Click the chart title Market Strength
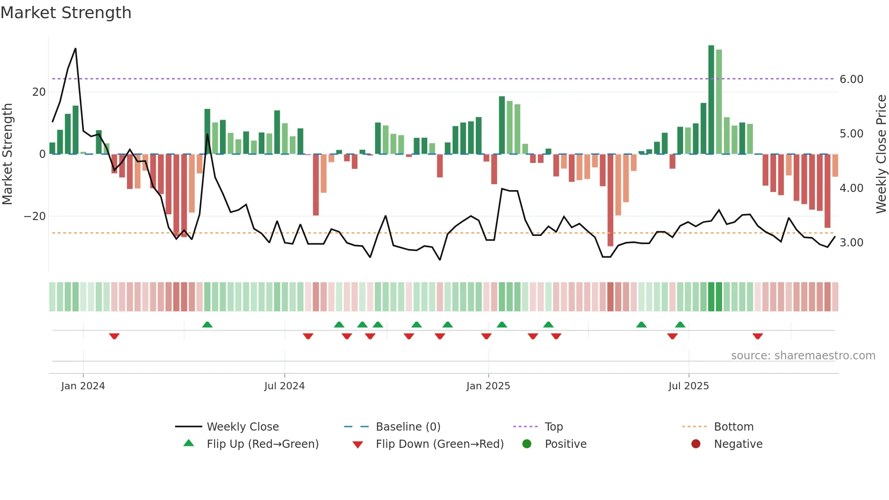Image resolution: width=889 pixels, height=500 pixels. point(66,13)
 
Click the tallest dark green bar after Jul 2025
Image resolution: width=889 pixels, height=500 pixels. point(711,100)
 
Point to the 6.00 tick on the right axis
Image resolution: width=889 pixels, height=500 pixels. point(851,79)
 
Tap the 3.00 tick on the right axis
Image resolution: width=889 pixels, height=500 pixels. point(851,243)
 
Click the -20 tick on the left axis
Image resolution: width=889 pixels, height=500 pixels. point(35,216)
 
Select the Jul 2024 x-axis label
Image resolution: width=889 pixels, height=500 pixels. point(284,386)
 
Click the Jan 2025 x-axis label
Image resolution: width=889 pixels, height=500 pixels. point(488,386)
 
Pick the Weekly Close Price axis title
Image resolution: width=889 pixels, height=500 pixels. point(881,154)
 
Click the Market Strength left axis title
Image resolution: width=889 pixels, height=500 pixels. point(7,154)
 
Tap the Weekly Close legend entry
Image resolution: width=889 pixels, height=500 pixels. point(242,427)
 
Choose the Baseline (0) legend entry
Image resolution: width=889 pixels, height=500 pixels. point(408,427)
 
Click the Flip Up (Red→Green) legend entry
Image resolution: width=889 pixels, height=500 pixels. point(262,444)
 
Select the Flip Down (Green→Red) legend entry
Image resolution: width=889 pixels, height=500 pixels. point(439,444)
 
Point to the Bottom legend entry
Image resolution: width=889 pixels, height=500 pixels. point(733,427)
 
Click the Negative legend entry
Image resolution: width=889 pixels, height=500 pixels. point(738,444)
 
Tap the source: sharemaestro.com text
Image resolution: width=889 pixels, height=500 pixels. point(803,356)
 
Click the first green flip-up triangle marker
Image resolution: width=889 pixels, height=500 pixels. point(207,324)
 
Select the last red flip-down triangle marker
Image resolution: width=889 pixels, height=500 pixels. point(757,336)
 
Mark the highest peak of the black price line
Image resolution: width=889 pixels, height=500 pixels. point(75,49)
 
